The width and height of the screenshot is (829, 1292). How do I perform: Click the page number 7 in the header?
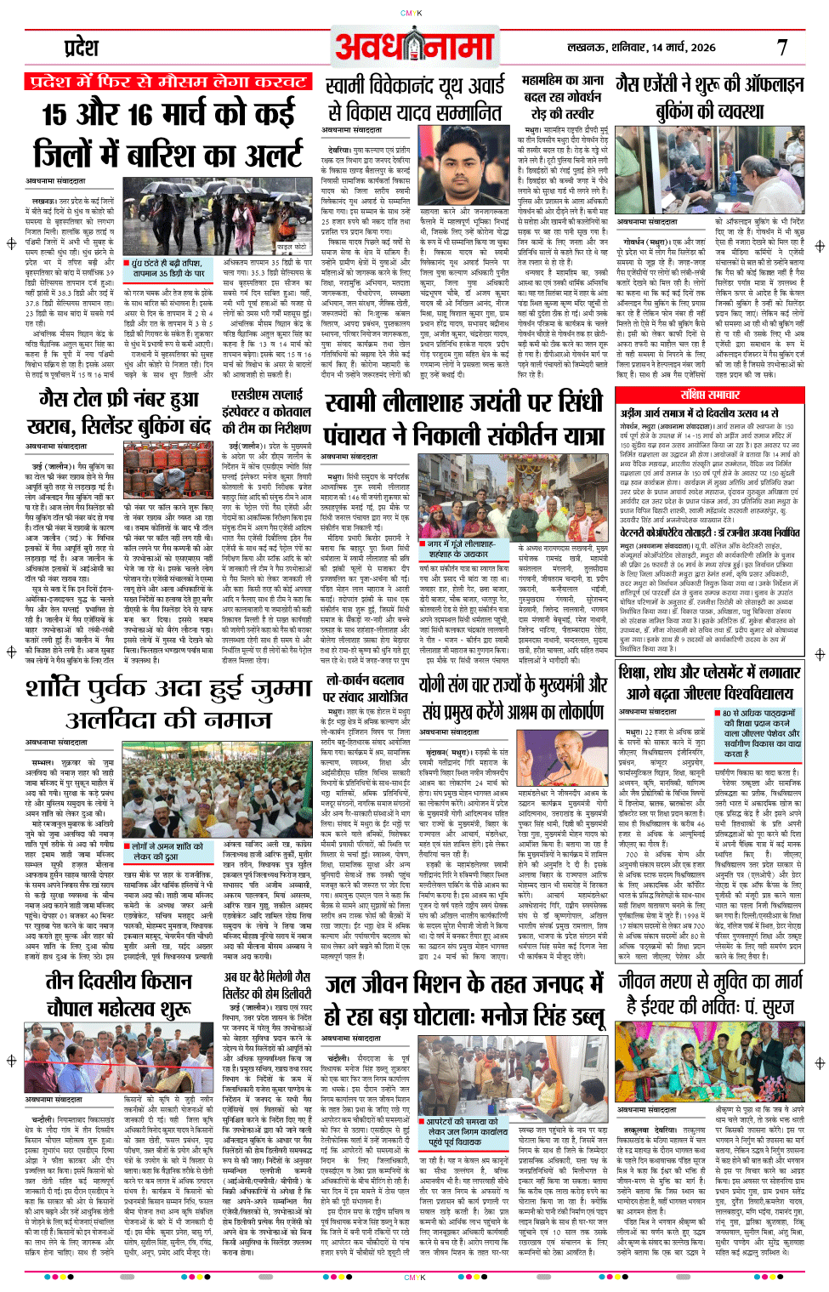pos(781,48)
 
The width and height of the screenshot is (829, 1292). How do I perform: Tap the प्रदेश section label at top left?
pos(82,48)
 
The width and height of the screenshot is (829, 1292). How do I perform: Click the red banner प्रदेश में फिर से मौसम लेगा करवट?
pos(168,83)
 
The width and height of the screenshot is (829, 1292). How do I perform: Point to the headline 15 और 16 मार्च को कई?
pos(168,113)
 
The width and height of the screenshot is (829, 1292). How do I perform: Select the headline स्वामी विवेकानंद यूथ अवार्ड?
pos(415,86)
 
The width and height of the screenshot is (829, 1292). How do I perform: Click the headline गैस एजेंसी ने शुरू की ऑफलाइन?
pos(710,84)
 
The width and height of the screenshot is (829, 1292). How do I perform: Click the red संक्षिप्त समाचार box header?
pos(710,395)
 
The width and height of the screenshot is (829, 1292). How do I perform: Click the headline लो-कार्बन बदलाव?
pos(365,681)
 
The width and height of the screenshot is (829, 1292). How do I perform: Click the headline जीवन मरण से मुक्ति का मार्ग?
pos(710,981)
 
